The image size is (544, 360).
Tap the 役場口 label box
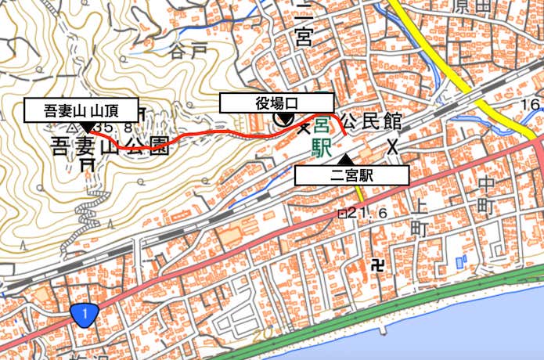click(x=277, y=103)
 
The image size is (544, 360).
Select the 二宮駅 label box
click(x=352, y=175)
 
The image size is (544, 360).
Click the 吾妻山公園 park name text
click(x=110, y=146)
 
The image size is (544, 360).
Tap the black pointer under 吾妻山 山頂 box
click(x=84, y=126)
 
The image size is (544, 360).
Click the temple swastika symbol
click(x=380, y=264)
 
